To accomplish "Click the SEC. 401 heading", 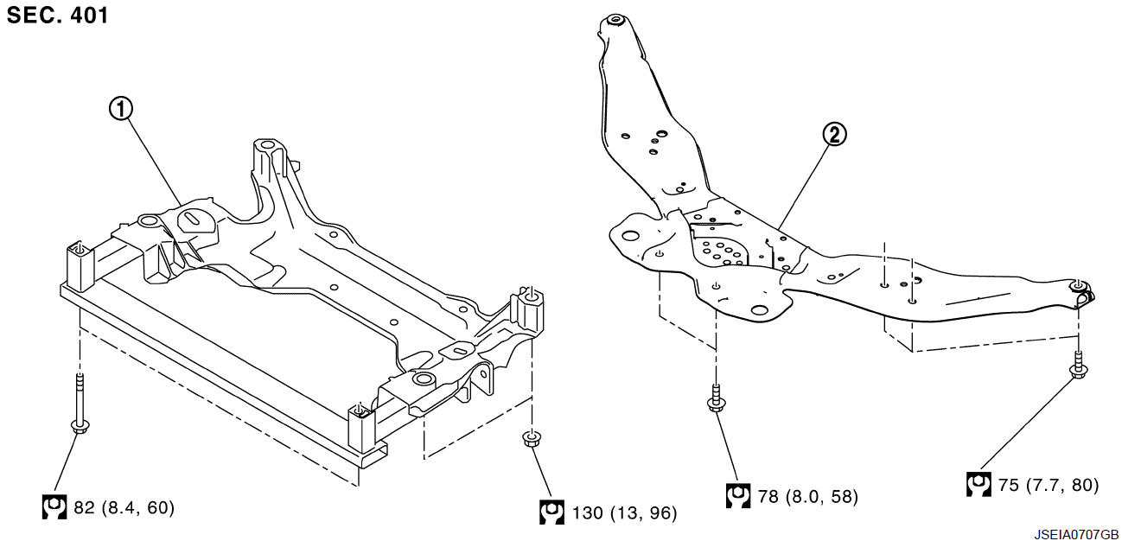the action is point(57,16).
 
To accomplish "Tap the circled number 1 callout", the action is point(121,109).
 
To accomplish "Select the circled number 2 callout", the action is point(835,135).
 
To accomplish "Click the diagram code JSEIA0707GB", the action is point(1076,534).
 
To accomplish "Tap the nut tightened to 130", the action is point(532,438).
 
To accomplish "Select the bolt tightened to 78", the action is point(717,398).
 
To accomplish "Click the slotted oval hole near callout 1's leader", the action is point(194,218).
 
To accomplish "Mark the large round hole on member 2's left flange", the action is point(631,236).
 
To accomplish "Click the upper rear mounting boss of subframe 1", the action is point(266,147).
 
